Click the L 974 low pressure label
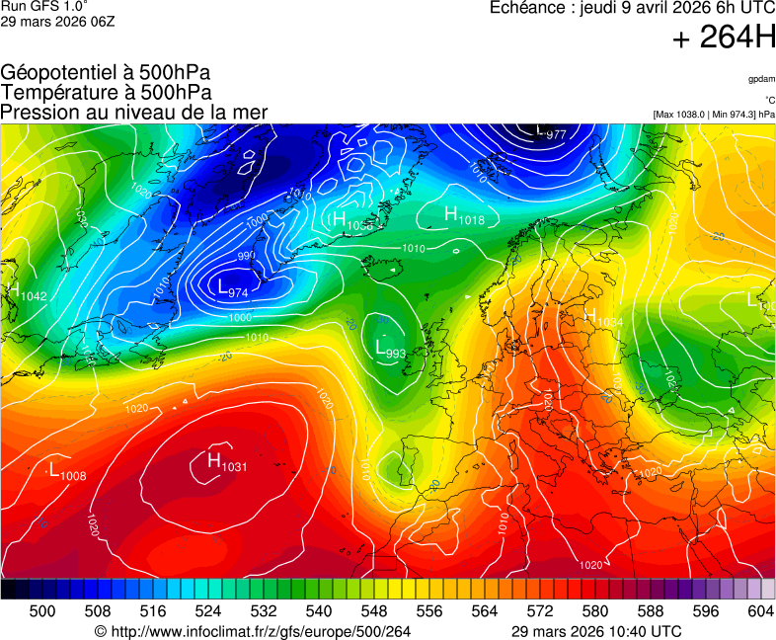click(233, 288)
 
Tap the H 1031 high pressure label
click(226, 462)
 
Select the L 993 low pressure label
click(390, 349)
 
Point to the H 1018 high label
click(464, 216)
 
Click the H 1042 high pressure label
click(26, 292)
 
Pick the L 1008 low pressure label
click(67, 470)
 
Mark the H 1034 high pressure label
click(603, 318)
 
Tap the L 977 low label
click(550, 131)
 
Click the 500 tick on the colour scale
click(42, 611)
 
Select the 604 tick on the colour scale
click(759, 611)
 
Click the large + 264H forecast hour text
click(724, 39)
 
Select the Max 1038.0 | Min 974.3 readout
click(714, 115)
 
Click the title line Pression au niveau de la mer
click(134, 113)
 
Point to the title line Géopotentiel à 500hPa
click(106, 73)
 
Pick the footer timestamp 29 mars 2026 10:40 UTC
click(596, 631)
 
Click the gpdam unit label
click(760, 79)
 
